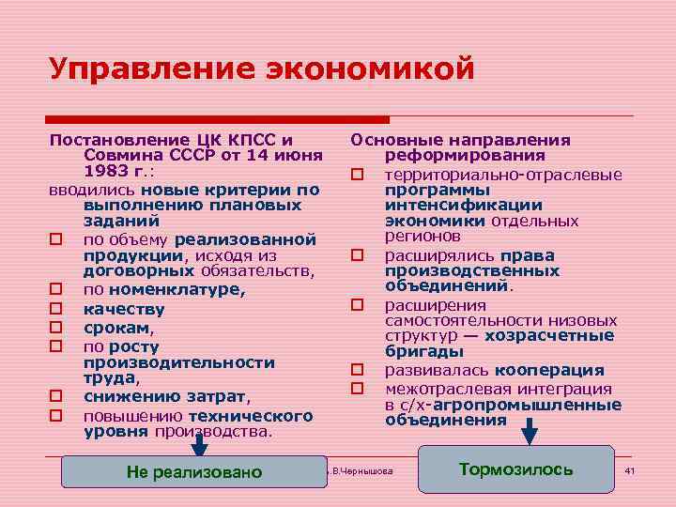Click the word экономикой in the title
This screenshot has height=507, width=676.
tap(372, 69)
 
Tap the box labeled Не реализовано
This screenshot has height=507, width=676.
tap(194, 471)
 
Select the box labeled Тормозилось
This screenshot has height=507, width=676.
tap(515, 469)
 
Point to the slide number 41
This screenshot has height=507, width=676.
tap(630, 469)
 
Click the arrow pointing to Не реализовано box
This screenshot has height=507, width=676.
tap(199, 449)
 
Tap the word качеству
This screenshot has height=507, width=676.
tap(124, 309)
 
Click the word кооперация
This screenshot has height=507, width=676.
tap(550, 371)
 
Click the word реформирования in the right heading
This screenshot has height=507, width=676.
tap(465, 156)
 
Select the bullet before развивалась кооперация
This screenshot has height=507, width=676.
tap(357, 372)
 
